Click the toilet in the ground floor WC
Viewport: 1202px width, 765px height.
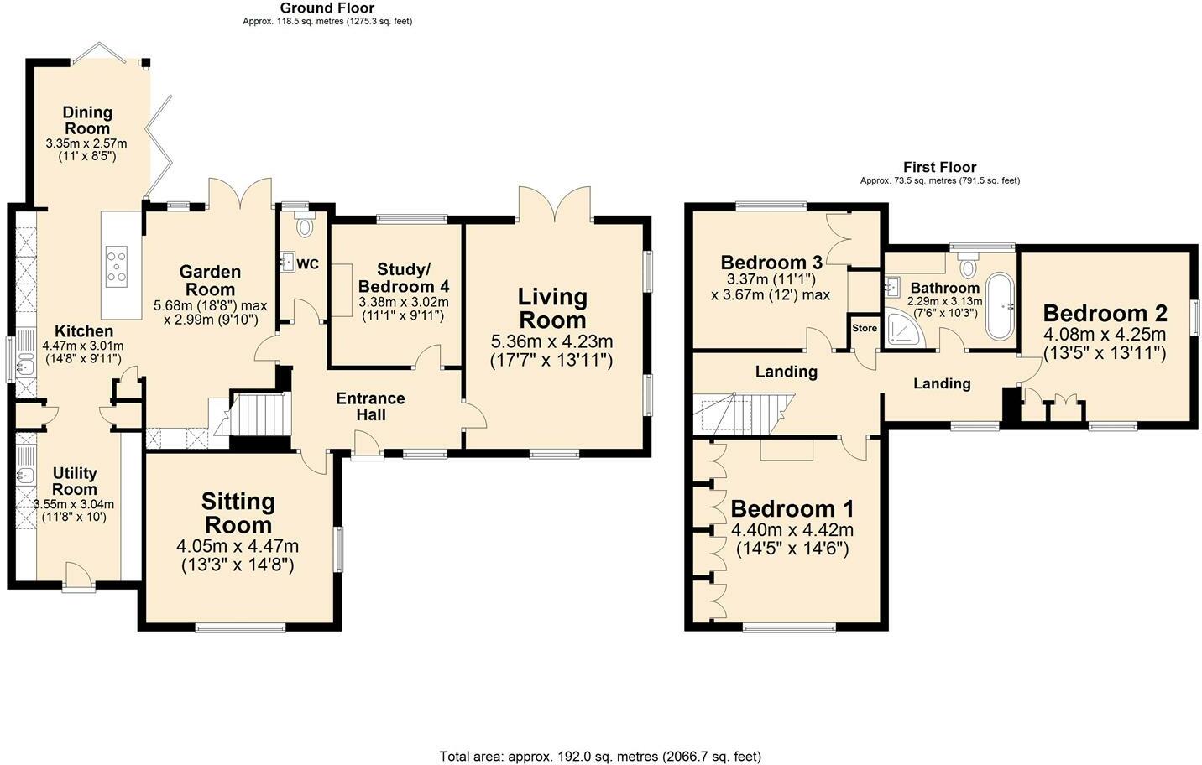click(x=305, y=224)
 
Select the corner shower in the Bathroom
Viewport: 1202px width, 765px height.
click(x=905, y=328)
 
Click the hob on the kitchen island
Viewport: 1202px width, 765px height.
click(x=117, y=267)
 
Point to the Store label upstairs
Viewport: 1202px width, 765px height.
click(x=864, y=328)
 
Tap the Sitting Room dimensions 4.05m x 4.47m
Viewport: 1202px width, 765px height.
click(x=238, y=546)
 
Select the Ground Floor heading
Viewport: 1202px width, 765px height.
click(x=327, y=8)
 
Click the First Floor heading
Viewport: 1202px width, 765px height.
click(x=939, y=167)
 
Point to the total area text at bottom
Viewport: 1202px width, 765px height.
click(x=600, y=757)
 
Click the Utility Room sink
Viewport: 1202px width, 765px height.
click(x=24, y=475)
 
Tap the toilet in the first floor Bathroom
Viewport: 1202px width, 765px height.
click(x=968, y=268)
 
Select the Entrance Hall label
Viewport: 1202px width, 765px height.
click(x=370, y=406)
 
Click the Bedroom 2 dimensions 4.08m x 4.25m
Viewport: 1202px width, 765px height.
click(x=1105, y=335)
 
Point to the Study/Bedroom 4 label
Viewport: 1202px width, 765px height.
click(x=404, y=277)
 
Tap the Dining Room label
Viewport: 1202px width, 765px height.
click(x=87, y=120)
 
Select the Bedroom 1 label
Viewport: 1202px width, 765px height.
click(x=792, y=509)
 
